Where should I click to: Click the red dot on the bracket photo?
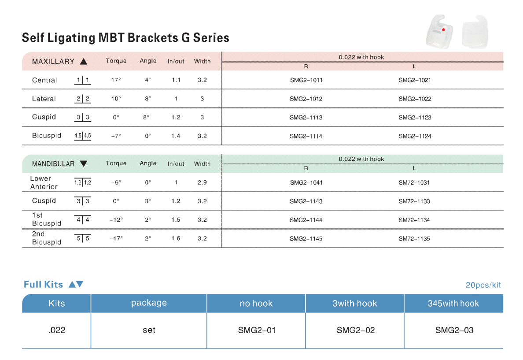[x=443, y=30]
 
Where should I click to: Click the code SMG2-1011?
[x=306, y=80]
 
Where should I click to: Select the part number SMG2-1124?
[x=415, y=136]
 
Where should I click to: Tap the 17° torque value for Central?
[x=116, y=80]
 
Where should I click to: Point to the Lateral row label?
[x=44, y=99]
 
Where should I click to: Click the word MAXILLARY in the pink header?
[x=53, y=61]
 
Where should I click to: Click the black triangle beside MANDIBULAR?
[x=84, y=163]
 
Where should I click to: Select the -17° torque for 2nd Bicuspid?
[x=116, y=238]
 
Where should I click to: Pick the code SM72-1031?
[x=414, y=183]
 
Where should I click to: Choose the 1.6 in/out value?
[x=176, y=238]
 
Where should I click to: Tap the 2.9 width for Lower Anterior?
[x=202, y=183]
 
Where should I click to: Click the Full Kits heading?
[x=43, y=285]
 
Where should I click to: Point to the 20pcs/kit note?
[x=483, y=285]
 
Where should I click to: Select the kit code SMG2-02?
[x=356, y=330]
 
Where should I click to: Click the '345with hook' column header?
[x=453, y=304]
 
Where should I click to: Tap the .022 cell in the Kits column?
[x=57, y=330]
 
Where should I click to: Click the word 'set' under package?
[x=149, y=330]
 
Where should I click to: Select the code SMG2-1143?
[x=306, y=201]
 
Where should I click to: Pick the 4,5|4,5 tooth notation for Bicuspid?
[x=82, y=136]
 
